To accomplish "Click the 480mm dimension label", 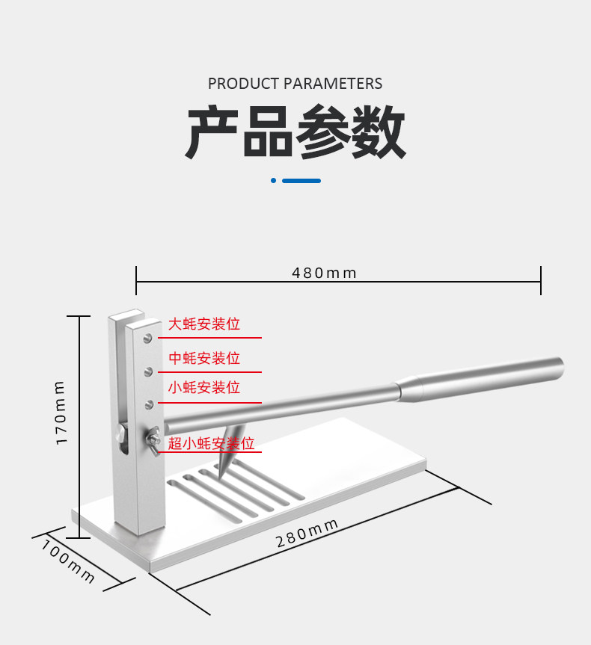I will tap(324, 273).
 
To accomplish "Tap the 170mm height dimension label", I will tap(61, 413).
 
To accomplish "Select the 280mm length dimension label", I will tap(307, 533).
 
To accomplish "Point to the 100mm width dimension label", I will tap(68, 561).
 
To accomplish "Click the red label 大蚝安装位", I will tap(203, 324).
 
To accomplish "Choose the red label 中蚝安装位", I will tap(203, 359).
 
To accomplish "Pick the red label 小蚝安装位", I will tap(203, 388).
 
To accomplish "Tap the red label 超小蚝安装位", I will tap(211, 444).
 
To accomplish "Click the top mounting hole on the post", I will tap(150, 338).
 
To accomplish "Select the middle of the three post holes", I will tap(150, 371).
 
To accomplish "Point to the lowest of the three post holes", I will tap(150, 404).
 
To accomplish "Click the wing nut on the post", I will tap(154, 439).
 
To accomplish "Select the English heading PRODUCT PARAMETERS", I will tap(295, 84).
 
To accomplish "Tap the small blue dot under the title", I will tap(274, 180).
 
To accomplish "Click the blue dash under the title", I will tap(301, 180).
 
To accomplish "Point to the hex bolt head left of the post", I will tap(120, 434).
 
